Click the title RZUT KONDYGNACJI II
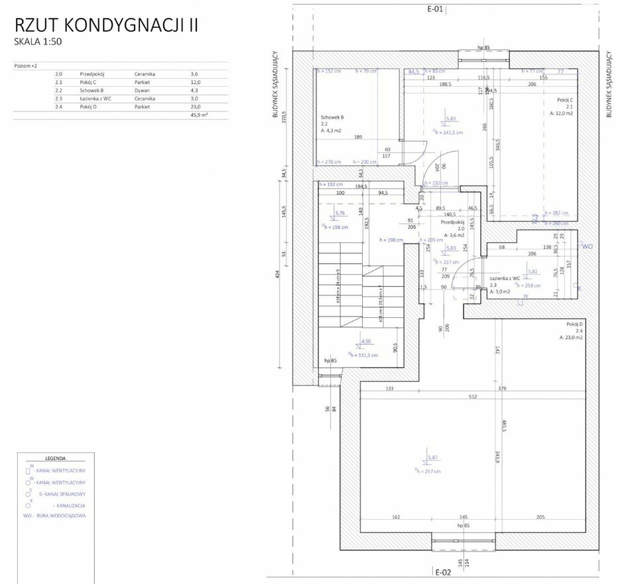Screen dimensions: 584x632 pyautogui.click(x=107, y=25)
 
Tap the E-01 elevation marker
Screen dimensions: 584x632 pyautogui.click(x=435, y=9)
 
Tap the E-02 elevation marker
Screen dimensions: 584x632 pyautogui.click(x=443, y=571)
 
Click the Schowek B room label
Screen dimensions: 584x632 pyautogui.click(x=332, y=117)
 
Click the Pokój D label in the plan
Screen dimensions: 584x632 pyautogui.click(x=574, y=324)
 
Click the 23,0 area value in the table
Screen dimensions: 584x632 pyautogui.click(x=194, y=106)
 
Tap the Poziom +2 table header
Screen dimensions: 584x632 pyautogui.click(x=25, y=66)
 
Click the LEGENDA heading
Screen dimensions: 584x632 pyautogui.click(x=55, y=458)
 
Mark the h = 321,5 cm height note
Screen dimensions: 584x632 pyautogui.click(x=365, y=355)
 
